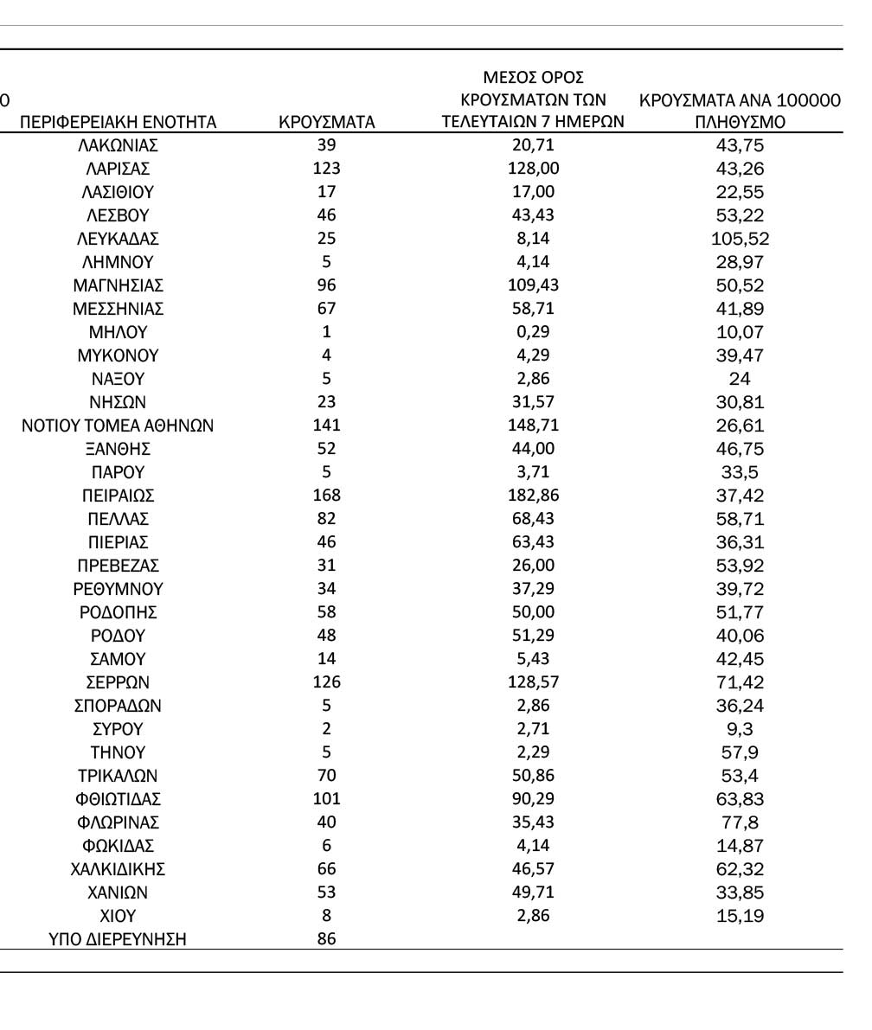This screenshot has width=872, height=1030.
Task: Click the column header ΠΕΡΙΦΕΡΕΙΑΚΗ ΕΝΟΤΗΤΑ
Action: click(x=118, y=122)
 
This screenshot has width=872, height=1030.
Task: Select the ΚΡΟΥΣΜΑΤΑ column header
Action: click(x=327, y=122)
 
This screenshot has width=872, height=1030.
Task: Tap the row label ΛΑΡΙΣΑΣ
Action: click(x=118, y=169)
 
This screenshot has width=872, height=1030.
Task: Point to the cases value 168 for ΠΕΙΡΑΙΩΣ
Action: click(x=327, y=496)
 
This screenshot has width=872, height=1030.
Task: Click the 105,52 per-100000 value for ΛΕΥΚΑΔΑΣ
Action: click(x=740, y=239)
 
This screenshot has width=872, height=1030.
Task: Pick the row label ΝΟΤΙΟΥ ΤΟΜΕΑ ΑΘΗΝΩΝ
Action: click(x=118, y=425)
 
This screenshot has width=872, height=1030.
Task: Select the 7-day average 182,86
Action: click(x=532, y=496)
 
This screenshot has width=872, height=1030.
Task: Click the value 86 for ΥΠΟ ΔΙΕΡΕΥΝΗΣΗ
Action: click(x=327, y=938)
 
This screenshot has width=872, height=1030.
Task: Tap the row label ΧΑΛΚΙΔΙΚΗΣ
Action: click(x=118, y=869)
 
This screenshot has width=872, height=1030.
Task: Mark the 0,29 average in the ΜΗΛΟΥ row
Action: click(x=532, y=332)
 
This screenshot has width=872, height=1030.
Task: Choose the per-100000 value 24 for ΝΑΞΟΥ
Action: click(x=740, y=379)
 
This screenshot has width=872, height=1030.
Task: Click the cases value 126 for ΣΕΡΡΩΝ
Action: click(x=327, y=682)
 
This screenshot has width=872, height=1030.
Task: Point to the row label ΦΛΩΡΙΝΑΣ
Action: click(x=118, y=822)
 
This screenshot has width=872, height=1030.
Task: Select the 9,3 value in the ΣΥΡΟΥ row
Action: click(x=740, y=729)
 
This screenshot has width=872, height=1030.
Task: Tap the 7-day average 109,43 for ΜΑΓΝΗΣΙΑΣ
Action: click(x=532, y=285)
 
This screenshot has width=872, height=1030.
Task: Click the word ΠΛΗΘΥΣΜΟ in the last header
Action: click(x=740, y=122)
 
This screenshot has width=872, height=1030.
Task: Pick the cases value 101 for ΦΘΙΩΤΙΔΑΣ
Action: click(x=327, y=799)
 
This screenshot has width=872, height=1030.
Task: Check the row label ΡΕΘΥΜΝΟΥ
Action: click(x=118, y=589)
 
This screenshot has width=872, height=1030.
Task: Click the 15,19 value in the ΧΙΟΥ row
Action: click(x=740, y=916)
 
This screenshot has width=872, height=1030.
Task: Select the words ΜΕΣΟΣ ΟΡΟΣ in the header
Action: click(x=533, y=78)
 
